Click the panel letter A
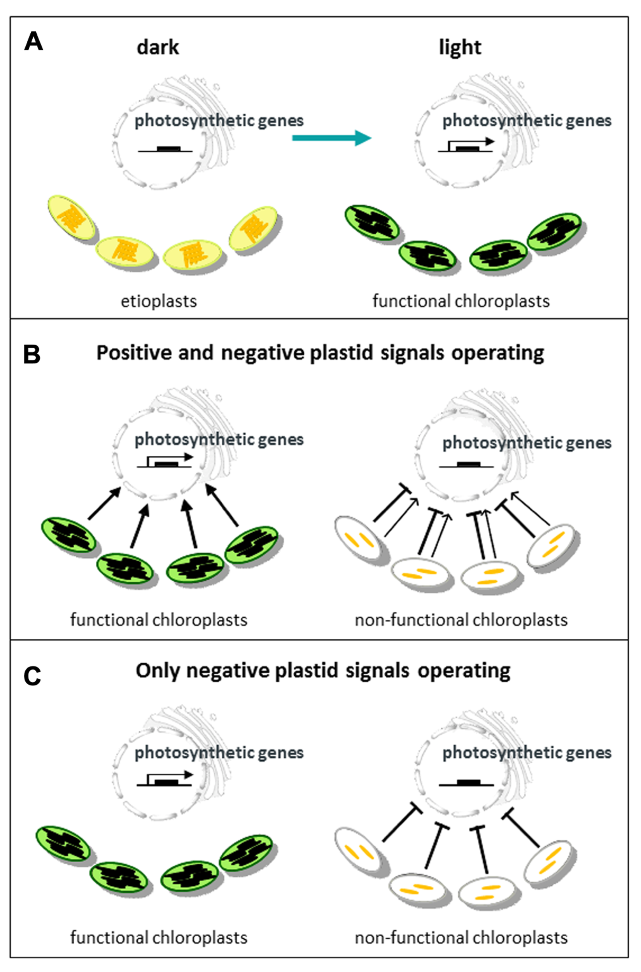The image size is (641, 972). coord(33,42)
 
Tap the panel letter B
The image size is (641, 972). coord(32,355)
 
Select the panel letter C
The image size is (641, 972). coord(32,676)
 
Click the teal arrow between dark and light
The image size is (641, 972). coord(331,138)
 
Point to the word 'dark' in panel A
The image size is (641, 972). coord(158,48)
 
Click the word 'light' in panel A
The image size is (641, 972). coord(460,47)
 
